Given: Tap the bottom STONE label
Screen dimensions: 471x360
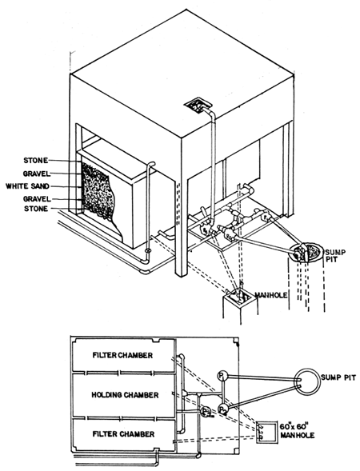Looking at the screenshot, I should point(38,209).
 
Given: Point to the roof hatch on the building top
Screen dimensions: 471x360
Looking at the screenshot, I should point(194,105).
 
